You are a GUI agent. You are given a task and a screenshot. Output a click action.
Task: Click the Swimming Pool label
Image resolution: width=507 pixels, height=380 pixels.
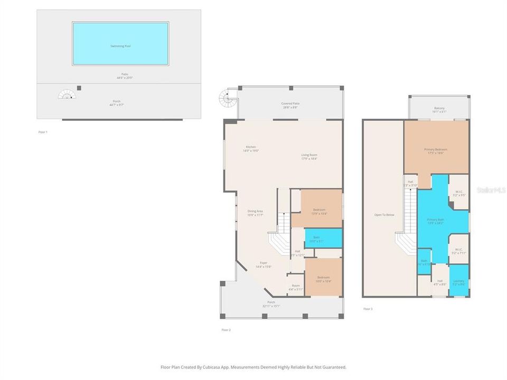(120, 46)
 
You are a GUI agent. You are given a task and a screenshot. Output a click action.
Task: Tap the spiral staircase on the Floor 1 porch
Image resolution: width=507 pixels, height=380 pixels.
(67, 95)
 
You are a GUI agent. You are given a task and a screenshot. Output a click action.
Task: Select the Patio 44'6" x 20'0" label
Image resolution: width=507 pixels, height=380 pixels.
(125, 76)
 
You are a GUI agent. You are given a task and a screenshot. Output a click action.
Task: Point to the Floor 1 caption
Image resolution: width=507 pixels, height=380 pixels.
(43, 131)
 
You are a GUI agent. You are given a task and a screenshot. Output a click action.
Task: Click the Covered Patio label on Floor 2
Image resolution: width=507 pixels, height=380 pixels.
(290, 106)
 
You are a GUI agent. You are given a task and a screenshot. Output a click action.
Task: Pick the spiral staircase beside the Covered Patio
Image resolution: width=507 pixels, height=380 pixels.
(226, 98)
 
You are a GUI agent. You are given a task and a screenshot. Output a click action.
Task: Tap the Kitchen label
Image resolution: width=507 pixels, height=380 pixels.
(251, 149)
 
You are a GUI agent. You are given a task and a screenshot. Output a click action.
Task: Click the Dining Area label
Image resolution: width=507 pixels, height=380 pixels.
(256, 213)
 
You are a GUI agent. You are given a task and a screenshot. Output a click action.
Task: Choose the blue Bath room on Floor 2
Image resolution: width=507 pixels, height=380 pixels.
(316, 239)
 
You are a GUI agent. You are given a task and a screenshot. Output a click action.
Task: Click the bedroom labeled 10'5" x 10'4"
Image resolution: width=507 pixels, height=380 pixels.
(323, 279)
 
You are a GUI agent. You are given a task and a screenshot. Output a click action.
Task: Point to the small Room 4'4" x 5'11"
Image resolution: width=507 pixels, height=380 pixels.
(296, 288)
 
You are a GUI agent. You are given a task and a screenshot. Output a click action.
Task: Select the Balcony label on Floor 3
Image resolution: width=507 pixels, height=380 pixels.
(439, 110)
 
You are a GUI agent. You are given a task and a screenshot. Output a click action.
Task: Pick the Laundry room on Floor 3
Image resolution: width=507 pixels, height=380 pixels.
(458, 283)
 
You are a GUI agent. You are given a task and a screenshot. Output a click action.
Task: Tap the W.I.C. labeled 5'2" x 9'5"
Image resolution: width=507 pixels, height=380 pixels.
(459, 193)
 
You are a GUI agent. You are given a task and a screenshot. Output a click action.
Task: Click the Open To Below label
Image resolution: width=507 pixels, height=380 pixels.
(383, 215)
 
